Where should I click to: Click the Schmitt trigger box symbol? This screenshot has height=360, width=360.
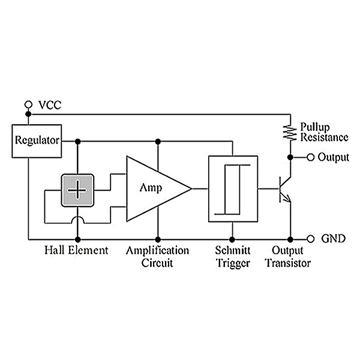(x=232, y=188)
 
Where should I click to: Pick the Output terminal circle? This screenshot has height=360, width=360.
(x=311, y=157)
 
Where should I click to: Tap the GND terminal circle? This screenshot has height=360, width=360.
(x=311, y=238)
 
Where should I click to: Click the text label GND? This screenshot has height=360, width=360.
(x=333, y=239)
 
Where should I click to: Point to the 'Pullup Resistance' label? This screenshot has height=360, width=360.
(x=324, y=133)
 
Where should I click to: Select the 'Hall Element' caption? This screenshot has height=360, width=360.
(x=77, y=250)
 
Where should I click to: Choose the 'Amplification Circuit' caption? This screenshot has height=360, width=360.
(x=157, y=256)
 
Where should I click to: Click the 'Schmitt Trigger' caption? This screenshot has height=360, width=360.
(x=232, y=256)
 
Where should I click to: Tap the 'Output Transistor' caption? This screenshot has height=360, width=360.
(x=288, y=256)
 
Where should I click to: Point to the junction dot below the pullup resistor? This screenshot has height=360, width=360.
(x=290, y=157)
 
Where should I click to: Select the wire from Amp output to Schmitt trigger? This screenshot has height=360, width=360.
(x=199, y=188)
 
